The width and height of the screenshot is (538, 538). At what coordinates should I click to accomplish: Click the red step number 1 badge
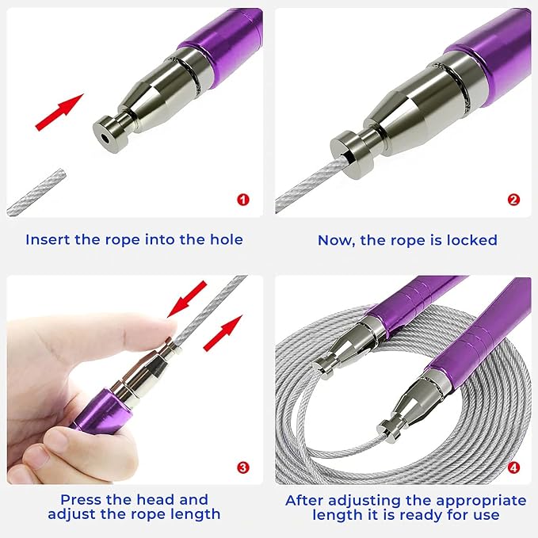coord(243,200)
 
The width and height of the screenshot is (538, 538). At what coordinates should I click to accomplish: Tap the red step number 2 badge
coord(513,200)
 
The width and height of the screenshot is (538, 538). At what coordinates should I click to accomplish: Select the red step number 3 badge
coord(243,467)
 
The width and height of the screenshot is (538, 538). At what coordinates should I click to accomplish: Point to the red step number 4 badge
coord(513,467)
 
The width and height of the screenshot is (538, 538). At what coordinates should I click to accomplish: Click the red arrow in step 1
coord(59,112)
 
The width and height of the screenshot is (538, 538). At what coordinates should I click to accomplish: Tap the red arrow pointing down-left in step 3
coord(187,300)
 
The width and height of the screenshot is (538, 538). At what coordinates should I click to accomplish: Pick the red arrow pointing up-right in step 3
coord(223,333)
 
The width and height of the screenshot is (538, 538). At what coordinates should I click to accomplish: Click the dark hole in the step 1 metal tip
coord(105,138)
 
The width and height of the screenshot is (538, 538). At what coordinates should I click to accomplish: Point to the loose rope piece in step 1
coord(36,192)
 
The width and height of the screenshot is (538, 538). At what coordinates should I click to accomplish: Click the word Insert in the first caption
coord(48,239)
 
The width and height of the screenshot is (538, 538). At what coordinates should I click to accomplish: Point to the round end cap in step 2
coord(352,155)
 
